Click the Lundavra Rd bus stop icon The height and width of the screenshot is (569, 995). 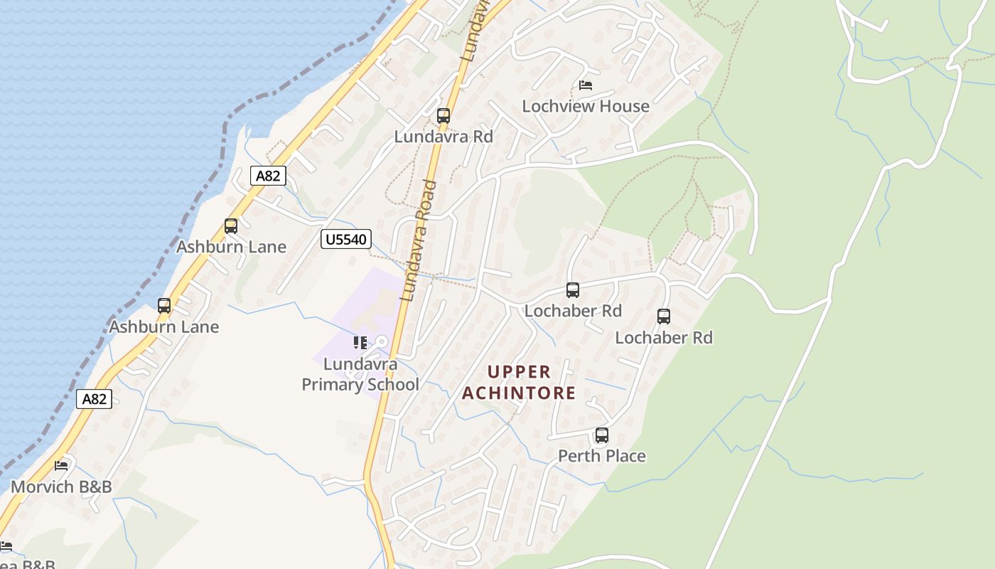point(443,115)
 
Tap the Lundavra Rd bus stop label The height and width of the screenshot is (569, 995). point(443,137)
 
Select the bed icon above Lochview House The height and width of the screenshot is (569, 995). point(586,85)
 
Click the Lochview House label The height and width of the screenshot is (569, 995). point(586,106)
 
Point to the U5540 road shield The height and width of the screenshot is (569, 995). point(346,239)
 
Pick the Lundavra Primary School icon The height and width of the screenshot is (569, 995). point(360,343)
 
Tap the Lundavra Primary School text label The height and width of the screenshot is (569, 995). point(360,374)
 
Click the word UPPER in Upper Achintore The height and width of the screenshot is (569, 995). point(520,372)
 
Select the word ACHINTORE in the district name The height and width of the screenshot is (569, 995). point(519,393)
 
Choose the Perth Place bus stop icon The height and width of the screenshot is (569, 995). point(602,435)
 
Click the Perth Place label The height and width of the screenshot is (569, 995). point(602,456)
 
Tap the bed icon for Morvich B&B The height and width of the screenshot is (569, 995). point(62,466)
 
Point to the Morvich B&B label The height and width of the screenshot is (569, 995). point(61,487)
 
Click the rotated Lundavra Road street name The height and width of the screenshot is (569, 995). point(419,240)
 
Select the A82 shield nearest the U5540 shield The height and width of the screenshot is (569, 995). point(268,176)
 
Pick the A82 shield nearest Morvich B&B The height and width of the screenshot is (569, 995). point(95,398)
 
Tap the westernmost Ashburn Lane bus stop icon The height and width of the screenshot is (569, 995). point(164,306)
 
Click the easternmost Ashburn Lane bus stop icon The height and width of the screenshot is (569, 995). point(231,226)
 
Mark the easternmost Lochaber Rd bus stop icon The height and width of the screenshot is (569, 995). point(664,317)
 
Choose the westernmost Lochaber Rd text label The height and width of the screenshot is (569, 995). point(573,311)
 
